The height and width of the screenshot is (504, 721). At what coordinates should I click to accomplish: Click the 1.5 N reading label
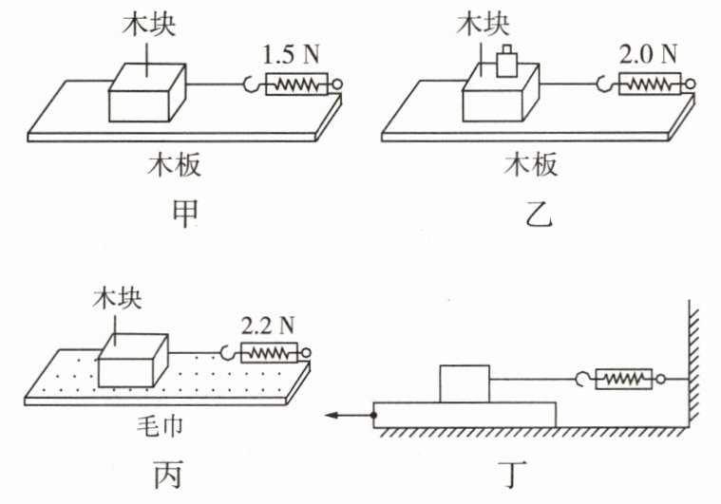(291, 55)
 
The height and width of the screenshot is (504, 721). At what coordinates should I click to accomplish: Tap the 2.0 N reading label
(648, 54)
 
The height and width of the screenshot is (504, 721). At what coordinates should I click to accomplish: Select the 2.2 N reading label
(268, 326)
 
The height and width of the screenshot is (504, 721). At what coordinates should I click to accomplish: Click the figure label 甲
(185, 214)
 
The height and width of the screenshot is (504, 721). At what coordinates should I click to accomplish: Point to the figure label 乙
(539, 214)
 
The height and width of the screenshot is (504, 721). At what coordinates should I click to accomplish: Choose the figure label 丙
(168, 474)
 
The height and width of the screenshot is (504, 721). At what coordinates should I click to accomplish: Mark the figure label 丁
(512, 475)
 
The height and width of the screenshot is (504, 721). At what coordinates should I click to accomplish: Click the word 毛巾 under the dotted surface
(160, 425)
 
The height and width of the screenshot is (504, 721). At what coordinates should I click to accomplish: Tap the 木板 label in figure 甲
(174, 164)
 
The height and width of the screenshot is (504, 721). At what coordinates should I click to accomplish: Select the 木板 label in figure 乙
(531, 164)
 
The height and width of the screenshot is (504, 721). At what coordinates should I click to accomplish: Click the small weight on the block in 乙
(507, 62)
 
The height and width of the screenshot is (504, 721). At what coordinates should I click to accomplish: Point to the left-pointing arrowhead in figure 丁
(332, 416)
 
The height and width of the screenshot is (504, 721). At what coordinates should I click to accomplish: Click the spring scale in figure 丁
(623, 380)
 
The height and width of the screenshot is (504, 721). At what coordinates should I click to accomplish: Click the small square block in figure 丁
(465, 383)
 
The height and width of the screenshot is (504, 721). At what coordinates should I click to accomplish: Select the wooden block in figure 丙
(133, 361)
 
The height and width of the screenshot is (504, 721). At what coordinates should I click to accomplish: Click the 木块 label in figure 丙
(117, 299)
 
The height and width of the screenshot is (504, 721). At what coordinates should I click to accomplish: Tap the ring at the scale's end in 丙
(305, 353)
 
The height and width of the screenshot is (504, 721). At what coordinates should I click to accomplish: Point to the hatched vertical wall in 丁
(693, 363)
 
